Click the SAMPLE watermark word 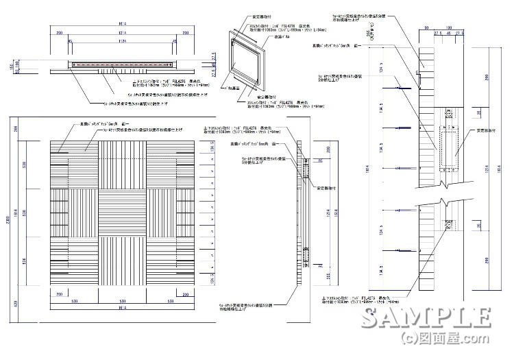pos(426,319)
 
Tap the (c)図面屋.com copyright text pos(445,339)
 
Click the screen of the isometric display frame pos(248,65)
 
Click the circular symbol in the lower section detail pos(448,225)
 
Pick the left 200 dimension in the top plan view pos(60,32)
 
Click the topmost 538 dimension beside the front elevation pos(25,165)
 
